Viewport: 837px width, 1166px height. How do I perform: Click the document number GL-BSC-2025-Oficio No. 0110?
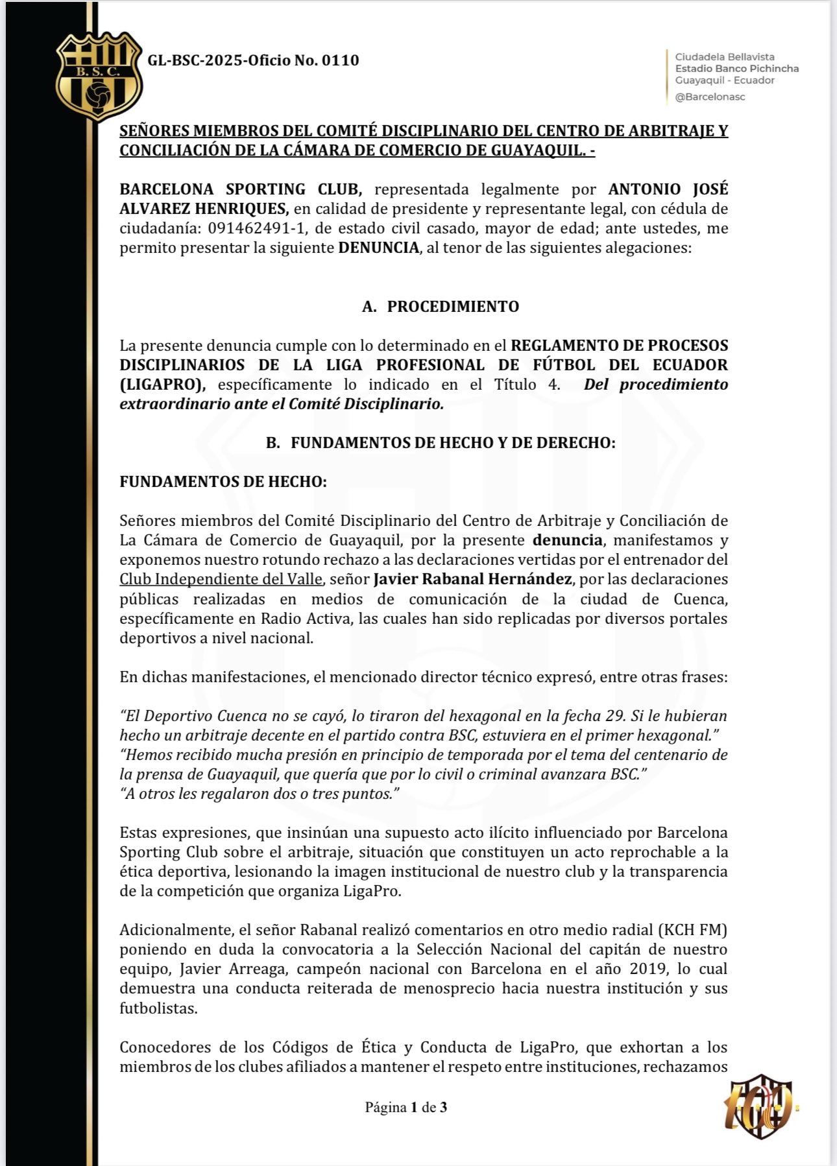pyautogui.click(x=253, y=60)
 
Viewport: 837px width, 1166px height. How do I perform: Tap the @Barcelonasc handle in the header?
pyautogui.click(x=710, y=97)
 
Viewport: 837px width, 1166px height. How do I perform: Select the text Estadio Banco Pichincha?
pyautogui.click(x=736, y=69)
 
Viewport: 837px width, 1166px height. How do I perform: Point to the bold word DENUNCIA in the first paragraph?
pyautogui.click(x=378, y=248)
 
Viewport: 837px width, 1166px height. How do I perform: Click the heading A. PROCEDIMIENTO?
pyautogui.click(x=441, y=306)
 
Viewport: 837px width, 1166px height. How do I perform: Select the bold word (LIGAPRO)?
pyautogui.click(x=162, y=384)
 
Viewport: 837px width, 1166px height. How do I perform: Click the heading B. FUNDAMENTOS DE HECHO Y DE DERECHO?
pyautogui.click(x=441, y=443)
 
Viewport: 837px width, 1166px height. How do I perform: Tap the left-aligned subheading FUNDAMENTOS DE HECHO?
pyautogui.click(x=223, y=482)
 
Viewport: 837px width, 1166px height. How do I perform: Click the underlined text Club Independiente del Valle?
pyautogui.click(x=221, y=579)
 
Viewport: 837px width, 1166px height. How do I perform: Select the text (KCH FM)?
pyautogui.click(x=692, y=930)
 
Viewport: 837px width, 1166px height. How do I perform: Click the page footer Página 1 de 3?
pyautogui.click(x=406, y=1107)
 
